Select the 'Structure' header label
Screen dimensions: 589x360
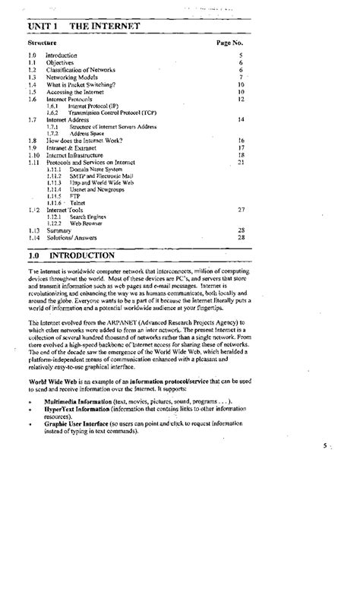43,44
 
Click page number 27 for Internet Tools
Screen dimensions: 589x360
241,209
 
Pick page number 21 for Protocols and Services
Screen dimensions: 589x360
241,162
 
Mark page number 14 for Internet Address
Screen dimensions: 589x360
241,119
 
